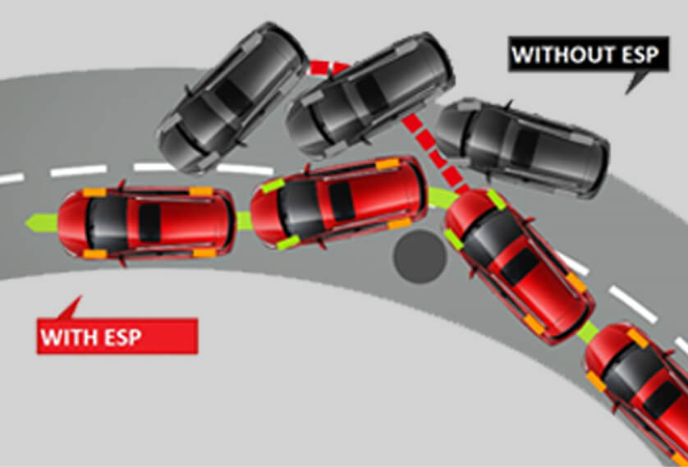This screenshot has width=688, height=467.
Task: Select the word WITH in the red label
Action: pyautogui.click(x=66, y=337)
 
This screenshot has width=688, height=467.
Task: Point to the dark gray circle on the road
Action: pyautogui.click(x=419, y=257)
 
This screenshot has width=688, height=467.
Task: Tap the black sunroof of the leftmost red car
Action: pyautogui.click(x=149, y=223)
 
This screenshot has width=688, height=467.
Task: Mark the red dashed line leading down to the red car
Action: pyautogui.click(x=433, y=150)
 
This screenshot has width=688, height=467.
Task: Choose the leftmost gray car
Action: pyautogui.click(x=232, y=98)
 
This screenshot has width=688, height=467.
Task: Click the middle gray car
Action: pyautogui.click(x=370, y=94)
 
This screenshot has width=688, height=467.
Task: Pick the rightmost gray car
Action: pyautogui.click(x=522, y=147)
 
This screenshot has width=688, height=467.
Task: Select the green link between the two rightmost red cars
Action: pyautogui.click(x=588, y=332)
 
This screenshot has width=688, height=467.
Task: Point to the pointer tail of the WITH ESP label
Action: pyautogui.click(x=71, y=309)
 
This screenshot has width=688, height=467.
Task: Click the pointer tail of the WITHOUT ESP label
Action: pyautogui.click(x=636, y=81)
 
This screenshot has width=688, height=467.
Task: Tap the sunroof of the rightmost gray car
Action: pyautogui.click(x=525, y=147)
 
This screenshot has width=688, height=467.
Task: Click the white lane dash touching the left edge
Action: pyautogui.click(x=11, y=178)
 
